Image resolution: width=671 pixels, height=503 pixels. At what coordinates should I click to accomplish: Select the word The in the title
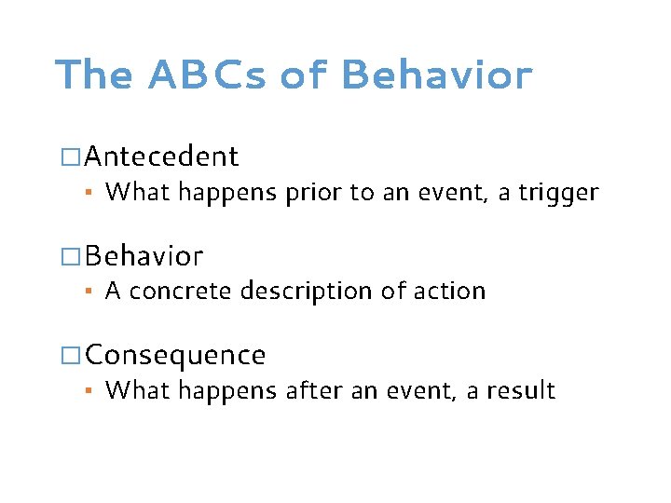coord(93,75)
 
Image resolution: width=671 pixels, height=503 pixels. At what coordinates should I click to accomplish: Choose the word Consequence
coord(175,356)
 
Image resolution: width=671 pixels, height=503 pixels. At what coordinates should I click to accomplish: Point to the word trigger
coord(557,193)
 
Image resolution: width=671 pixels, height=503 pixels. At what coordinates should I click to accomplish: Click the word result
coord(522,391)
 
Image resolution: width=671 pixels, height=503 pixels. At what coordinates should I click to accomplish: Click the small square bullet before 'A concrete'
coord(89,292)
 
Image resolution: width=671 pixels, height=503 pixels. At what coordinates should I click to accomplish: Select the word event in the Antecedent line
coord(448,193)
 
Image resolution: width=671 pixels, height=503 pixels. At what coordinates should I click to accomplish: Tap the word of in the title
coord(305,75)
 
